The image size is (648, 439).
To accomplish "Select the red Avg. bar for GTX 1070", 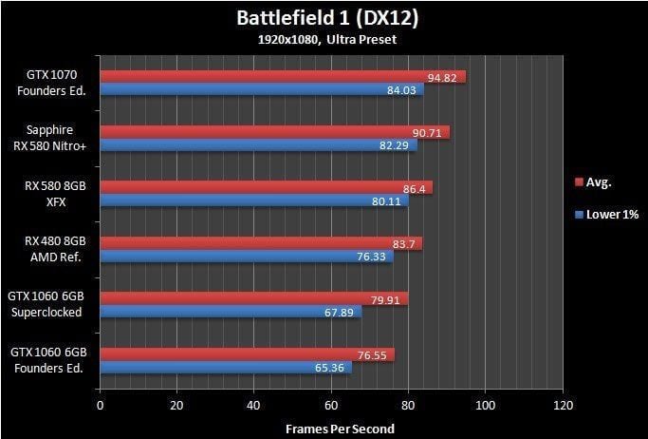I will coord(283,77).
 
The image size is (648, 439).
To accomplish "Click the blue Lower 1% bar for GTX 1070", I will coord(261,90).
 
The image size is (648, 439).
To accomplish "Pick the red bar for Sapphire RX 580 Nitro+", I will coord(274,132).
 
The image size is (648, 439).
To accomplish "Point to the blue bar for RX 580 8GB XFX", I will coord(254,200).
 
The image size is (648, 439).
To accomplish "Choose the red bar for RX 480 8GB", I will coord(261,243).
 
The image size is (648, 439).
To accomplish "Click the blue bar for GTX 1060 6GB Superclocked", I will coord(231,311).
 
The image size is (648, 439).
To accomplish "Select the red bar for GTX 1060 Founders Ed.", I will coord(247,353).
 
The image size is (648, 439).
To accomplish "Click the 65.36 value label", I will coord(329,367).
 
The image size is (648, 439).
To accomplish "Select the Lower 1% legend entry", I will coord(606,215).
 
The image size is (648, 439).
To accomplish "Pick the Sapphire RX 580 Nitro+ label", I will coord(54,138).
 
